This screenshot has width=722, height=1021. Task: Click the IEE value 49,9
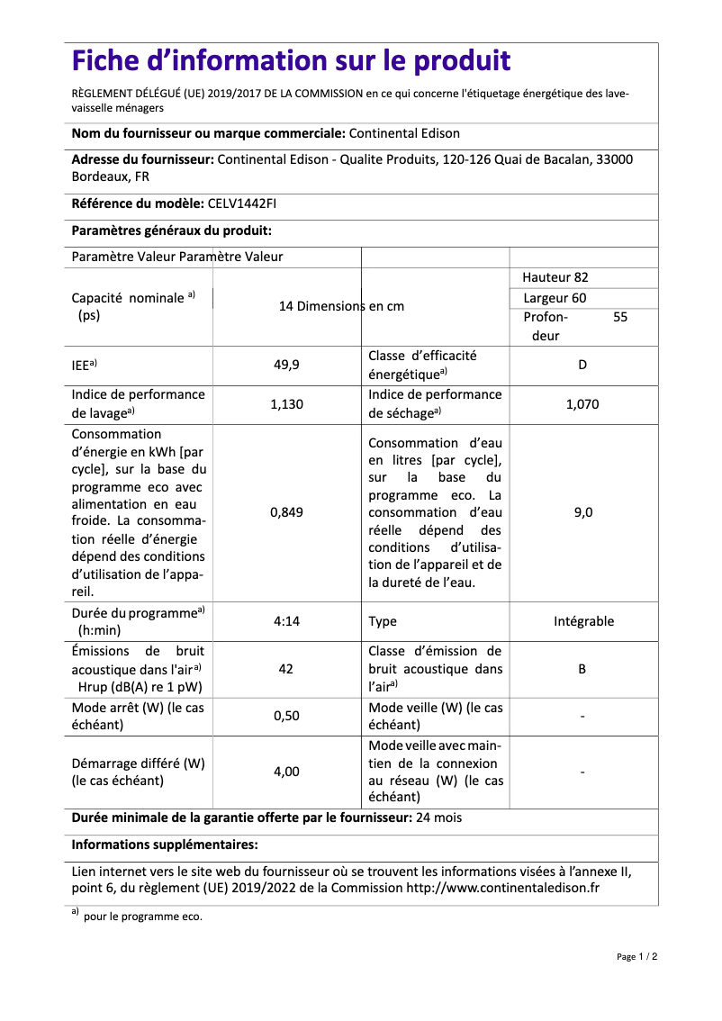(286, 366)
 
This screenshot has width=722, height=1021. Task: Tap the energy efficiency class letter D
(582, 366)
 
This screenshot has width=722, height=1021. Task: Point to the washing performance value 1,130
(286, 404)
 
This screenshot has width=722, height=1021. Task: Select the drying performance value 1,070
(582, 404)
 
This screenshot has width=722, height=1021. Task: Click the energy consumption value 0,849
(286, 512)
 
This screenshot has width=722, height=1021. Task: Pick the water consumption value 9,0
(582, 512)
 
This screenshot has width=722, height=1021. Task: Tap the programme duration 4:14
(286, 621)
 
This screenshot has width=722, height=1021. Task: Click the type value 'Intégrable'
(583, 621)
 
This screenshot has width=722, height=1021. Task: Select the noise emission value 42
(286, 669)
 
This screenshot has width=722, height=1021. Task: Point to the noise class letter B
(582, 669)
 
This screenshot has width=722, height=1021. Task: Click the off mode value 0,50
(286, 716)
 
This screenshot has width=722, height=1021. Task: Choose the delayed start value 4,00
(286, 772)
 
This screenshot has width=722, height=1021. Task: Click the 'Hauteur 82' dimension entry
(555, 277)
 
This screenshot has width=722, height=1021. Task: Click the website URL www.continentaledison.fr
(503, 888)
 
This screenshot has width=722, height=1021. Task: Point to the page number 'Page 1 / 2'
(636, 956)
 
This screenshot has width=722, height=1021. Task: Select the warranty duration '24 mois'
(439, 818)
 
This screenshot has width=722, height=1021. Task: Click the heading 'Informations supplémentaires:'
(165, 845)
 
